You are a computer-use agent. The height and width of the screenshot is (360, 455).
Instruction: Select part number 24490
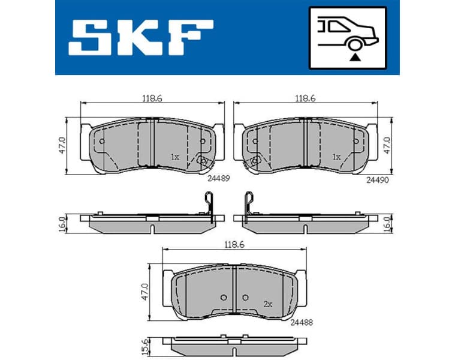click(x=377, y=179)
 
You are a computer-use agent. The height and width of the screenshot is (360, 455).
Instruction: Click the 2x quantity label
click(x=268, y=305)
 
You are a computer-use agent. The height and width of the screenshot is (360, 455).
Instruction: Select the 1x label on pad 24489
click(x=175, y=157)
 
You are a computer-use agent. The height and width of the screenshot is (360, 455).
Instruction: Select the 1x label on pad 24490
click(x=336, y=157)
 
